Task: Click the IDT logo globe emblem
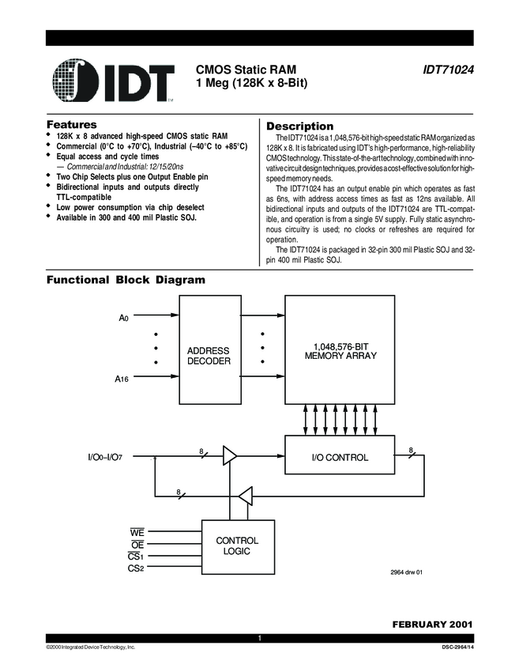click(76, 81)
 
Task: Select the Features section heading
click(72, 125)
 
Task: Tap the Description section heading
click(300, 126)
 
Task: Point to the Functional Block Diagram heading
click(126, 280)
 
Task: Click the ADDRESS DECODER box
click(209, 356)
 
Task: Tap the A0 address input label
click(123, 318)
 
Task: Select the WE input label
click(136, 532)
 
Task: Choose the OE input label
click(136, 544)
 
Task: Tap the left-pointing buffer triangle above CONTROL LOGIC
click(246, 496)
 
